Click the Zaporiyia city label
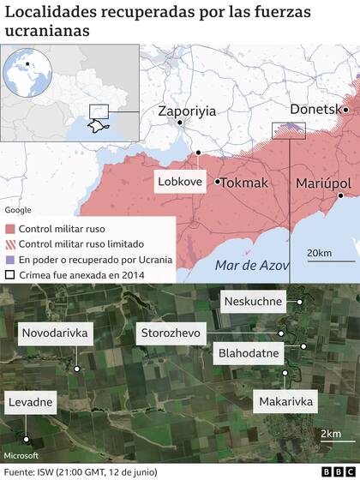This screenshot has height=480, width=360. [187, 111]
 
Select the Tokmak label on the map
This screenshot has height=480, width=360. [244, 183]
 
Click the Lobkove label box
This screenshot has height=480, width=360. [180, 182]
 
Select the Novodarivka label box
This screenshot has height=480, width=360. [55, 333]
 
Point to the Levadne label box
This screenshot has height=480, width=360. [31, 401]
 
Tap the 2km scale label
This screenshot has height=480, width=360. [330, 434]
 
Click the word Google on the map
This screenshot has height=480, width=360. [17, 210]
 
